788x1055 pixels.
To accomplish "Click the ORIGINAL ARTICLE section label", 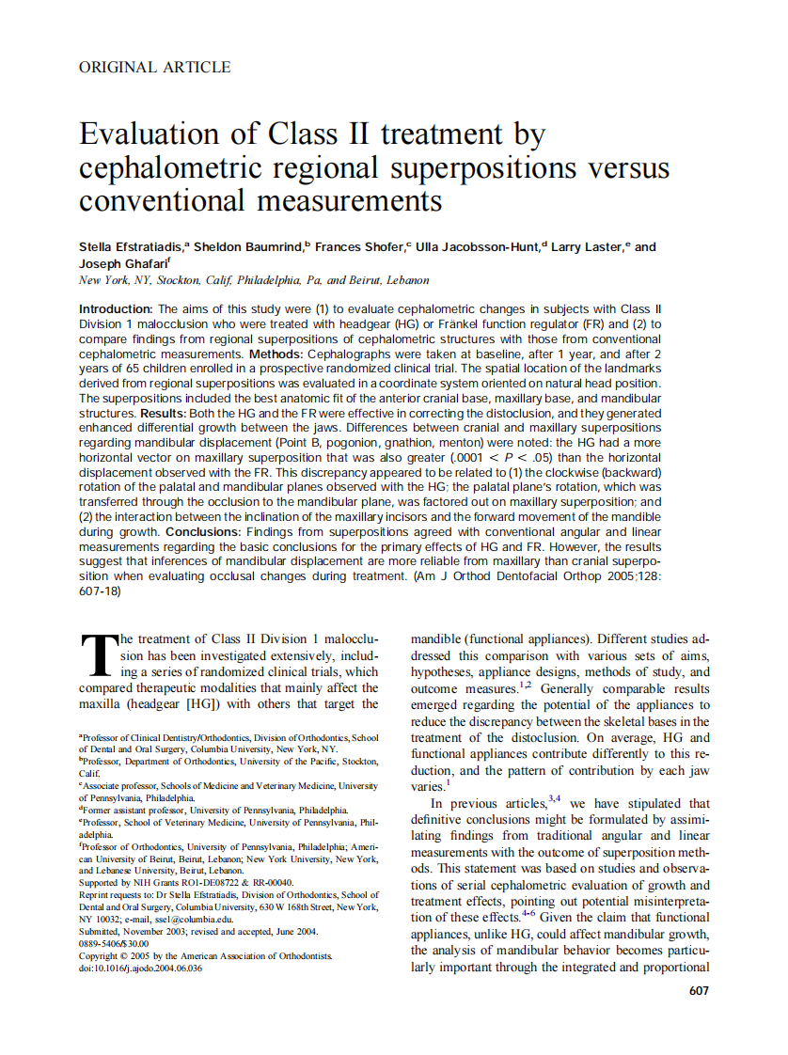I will (x=155, y=67).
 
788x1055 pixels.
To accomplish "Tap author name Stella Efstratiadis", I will (x=132, y=247).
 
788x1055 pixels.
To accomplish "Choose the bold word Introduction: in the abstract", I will (x=116, y=309).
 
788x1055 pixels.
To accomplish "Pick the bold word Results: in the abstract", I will (x=166, y=413).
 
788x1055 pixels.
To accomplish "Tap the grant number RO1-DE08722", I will (x=205, y=883).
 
